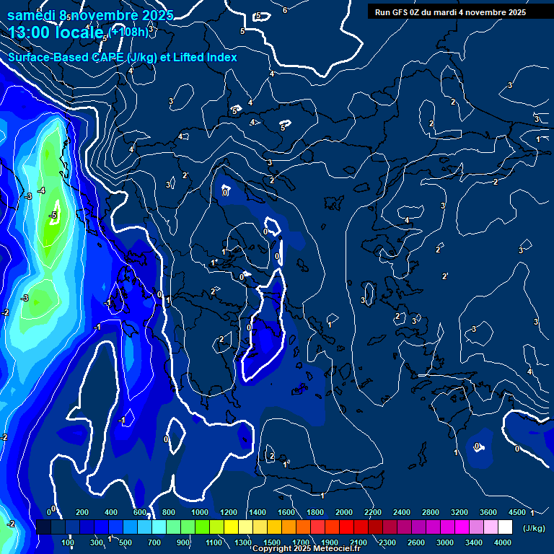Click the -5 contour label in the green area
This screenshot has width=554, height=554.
tap(53, 215)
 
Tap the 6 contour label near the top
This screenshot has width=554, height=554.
tap(285, 10)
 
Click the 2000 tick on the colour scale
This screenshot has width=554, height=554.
tap(344, 512)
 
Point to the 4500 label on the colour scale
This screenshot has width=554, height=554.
tap(516, 512)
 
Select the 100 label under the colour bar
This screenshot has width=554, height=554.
tap(68, 542)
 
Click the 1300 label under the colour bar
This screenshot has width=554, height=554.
tap(242, 542)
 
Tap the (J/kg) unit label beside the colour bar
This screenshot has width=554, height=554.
tap(534, 528)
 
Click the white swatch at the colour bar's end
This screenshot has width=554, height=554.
tap(505, 527)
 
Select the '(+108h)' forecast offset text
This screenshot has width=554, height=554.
tap(129, 32)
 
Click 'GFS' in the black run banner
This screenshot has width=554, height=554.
tap(407, 12)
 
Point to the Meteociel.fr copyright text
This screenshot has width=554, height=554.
tap(306, 549)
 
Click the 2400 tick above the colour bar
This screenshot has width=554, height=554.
tap(402, 512)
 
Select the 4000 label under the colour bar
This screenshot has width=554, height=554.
tap(503, 542)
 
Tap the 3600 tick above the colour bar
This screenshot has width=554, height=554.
tap(488, 512)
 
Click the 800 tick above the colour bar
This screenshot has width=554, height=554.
tap(169, 512)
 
